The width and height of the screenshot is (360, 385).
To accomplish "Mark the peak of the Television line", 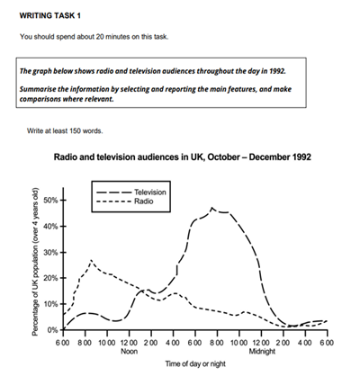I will click(x=212, y=208).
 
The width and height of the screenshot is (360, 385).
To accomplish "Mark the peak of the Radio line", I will click(x=92, y=261).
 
